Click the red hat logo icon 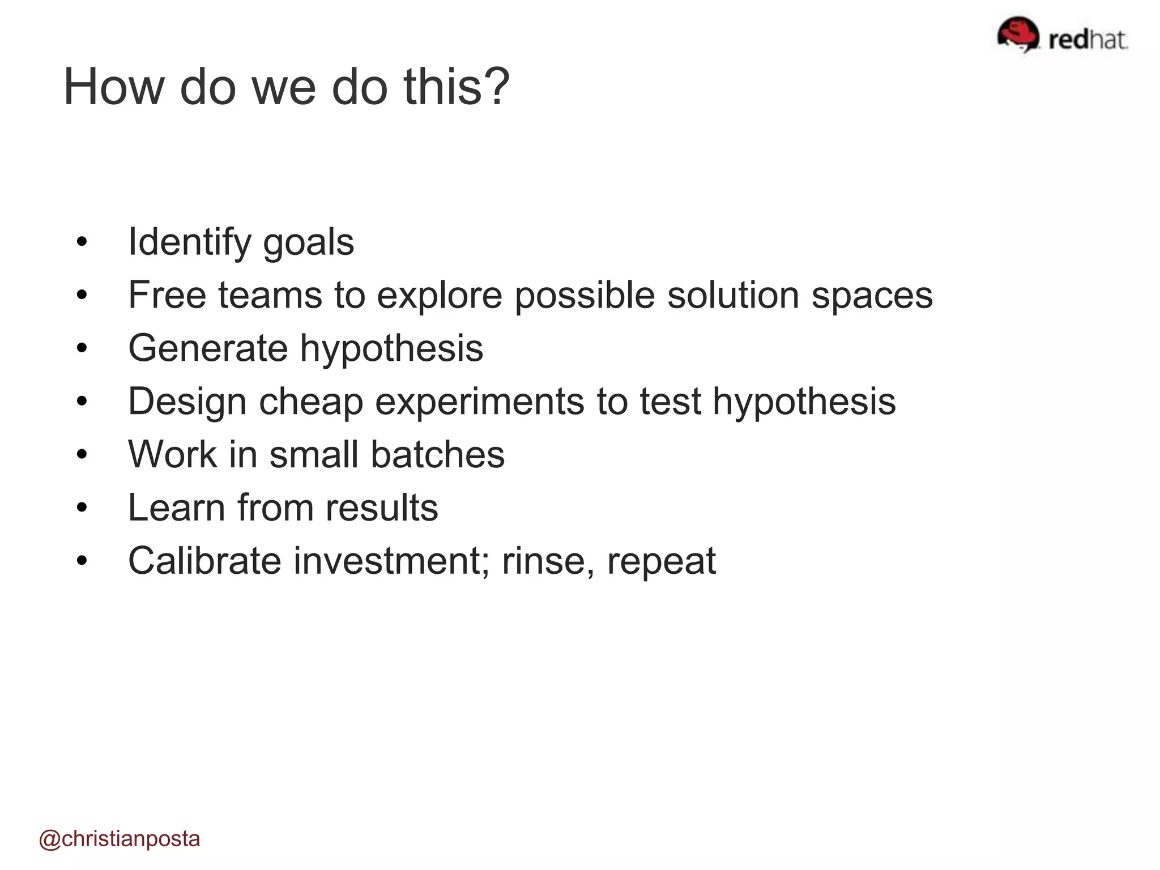pyautogui.click(x=1017, y=34)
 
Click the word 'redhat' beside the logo pyautogui.click(x=1087, y=40)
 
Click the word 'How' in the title pyautogui.click(x=113, y=87)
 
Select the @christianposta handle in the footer pyautogui.click(x=120, y=839)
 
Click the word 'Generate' pyautogui.click(x=208, y=348)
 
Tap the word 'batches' pyautogui.click(x=437, y=454)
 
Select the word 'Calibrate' pyautogui.click(x=204, y=561)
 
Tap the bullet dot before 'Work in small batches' pyautogui.click(x=82, y=454)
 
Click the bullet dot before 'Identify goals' pyautogui.click(x=82, y=242)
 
